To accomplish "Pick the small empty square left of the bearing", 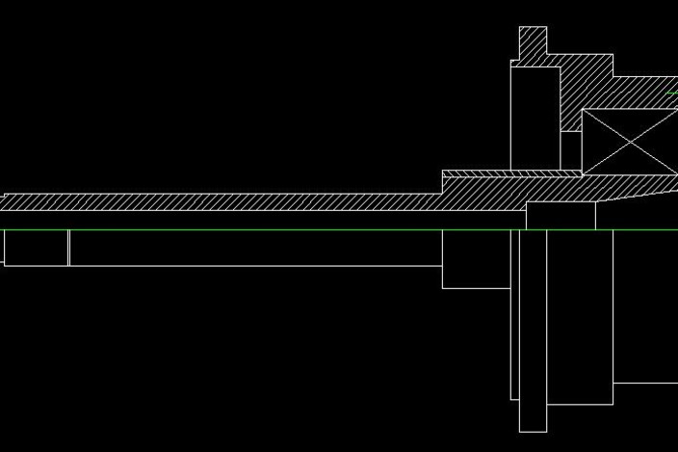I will click(x=571, y=149).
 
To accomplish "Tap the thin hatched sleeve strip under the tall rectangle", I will click(x=510, y=174).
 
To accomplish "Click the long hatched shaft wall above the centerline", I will click(x=222, y=202).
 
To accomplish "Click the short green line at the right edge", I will click(x=672, y=93).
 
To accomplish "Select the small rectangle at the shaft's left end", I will click(x=36, y=248).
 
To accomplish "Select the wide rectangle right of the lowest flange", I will click(x=579, y=318).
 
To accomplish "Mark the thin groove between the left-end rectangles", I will click(x=68, y=248).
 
